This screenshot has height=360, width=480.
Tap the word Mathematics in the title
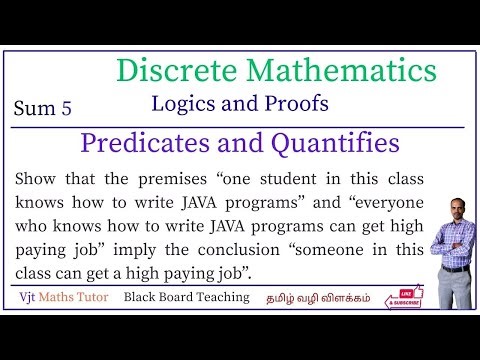339,71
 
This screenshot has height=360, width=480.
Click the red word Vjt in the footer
33,298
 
